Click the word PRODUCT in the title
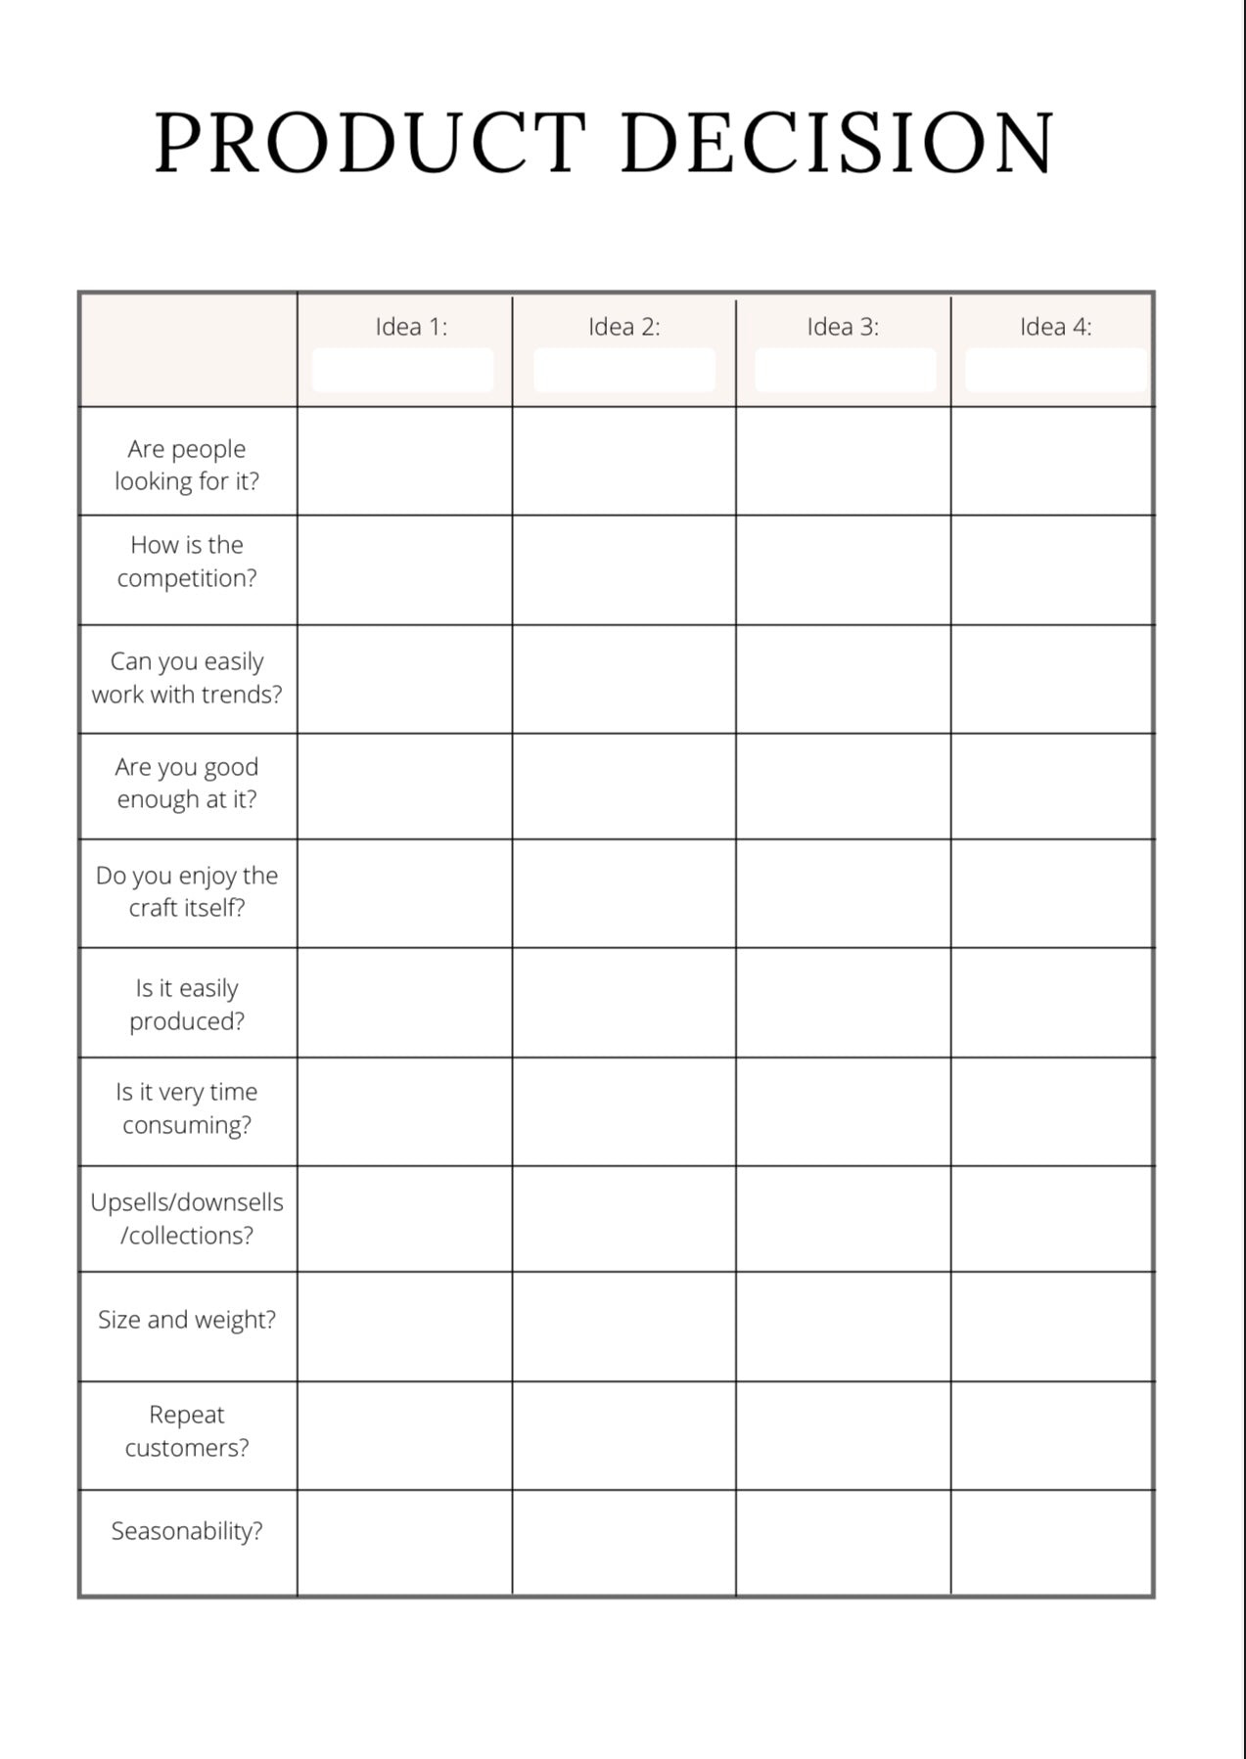click(370, 144)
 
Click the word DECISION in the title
click(837, 144)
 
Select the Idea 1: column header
click(411, 327)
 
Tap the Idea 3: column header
click(843, 327)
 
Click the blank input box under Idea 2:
click(624, 371)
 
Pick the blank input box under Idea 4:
click(1055, 371)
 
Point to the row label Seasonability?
click(187, 1531)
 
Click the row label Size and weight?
click(187, 1320)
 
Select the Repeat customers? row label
click(187, 1431)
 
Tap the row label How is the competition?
click(187, 562)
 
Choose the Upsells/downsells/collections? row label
click(187, 1219)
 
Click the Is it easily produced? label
click(187, 1005)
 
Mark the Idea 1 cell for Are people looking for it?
click(404, 462)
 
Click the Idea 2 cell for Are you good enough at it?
click(623, 786)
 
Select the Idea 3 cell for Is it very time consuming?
click(843, 1111)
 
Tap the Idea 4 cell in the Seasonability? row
click(1052, 1543)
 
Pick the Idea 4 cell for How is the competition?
click(1052, 570)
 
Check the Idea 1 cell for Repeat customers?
click(404, 1435)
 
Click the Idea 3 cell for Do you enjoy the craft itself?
click(843, 893)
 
